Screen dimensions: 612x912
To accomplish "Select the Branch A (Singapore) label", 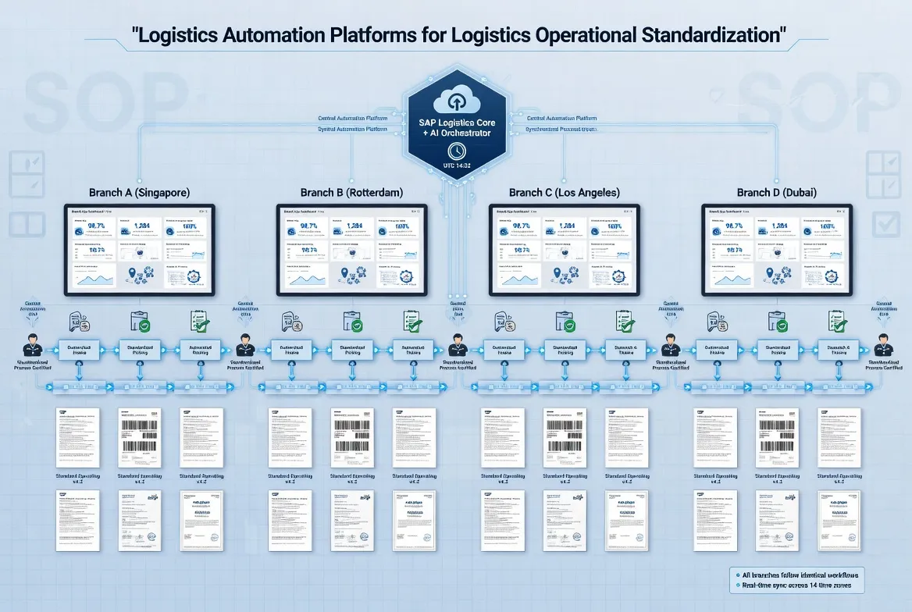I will pos(139,192).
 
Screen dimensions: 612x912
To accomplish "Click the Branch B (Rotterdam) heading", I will pos(351,192).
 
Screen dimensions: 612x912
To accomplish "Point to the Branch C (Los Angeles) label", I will pos(565,192).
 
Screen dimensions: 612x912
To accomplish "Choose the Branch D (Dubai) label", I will pos(777,192).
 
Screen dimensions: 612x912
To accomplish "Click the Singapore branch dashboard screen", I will pos(140,250).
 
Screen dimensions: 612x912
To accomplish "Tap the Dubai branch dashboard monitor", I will pos(777,250).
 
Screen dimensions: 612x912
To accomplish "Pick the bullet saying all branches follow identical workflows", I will pos(797,574).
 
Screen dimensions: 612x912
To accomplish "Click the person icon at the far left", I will pos(32,345).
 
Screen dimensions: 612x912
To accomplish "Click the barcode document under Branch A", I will pos(139,437).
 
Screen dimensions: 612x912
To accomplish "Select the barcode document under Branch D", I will pos(777,437).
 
